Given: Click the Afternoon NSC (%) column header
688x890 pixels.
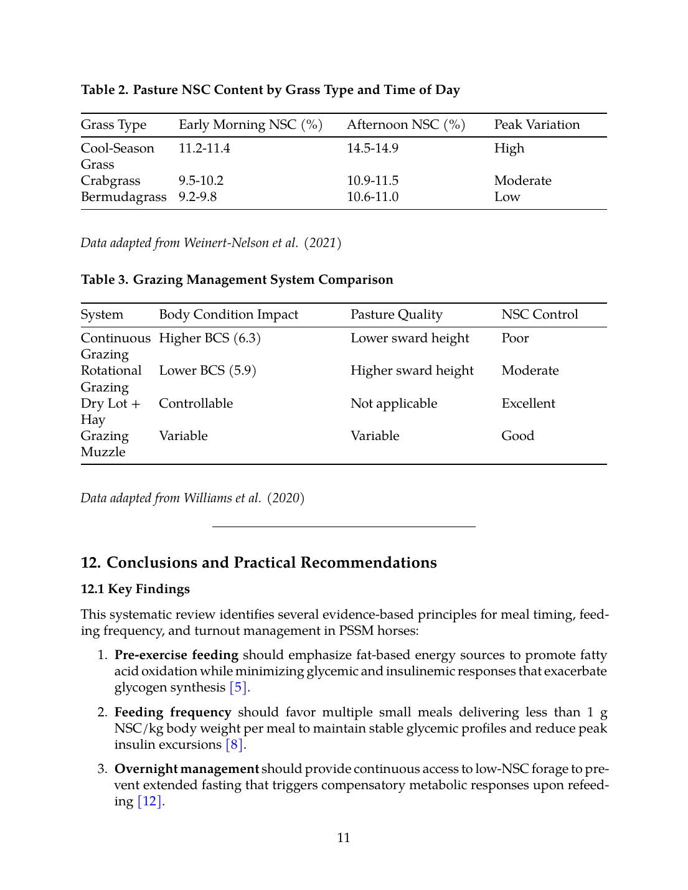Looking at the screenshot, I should click(405, 125).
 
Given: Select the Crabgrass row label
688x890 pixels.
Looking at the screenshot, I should click(111, 181).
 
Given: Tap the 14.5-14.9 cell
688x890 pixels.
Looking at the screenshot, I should click(372, 149).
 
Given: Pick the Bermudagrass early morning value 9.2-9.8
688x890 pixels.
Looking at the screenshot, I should click(197, 197).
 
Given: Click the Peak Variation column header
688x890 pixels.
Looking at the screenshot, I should click(537, 125).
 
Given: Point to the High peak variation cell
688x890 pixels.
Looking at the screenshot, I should click(509, 149).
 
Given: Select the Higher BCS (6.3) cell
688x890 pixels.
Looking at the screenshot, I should click(210, 339).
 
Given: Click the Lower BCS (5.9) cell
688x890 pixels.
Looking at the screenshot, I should click(207, 371).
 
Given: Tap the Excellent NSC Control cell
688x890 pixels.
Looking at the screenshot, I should click(528, 404).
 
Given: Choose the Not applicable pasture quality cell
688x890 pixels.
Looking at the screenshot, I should click(393, 404).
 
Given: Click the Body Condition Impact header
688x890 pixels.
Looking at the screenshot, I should click(229, 315).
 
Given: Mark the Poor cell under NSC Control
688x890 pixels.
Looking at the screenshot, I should click(515, 339).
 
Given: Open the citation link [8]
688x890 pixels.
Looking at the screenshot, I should click(235, 745).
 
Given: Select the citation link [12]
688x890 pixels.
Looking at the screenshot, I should click(149, 802).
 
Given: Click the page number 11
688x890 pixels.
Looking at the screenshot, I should click(344, 838).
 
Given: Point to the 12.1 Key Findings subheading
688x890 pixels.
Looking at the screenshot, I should click(135, 589).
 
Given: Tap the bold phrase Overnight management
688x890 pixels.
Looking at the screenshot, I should click(186, 769).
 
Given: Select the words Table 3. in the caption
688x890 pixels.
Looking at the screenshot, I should click(105, 280).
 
